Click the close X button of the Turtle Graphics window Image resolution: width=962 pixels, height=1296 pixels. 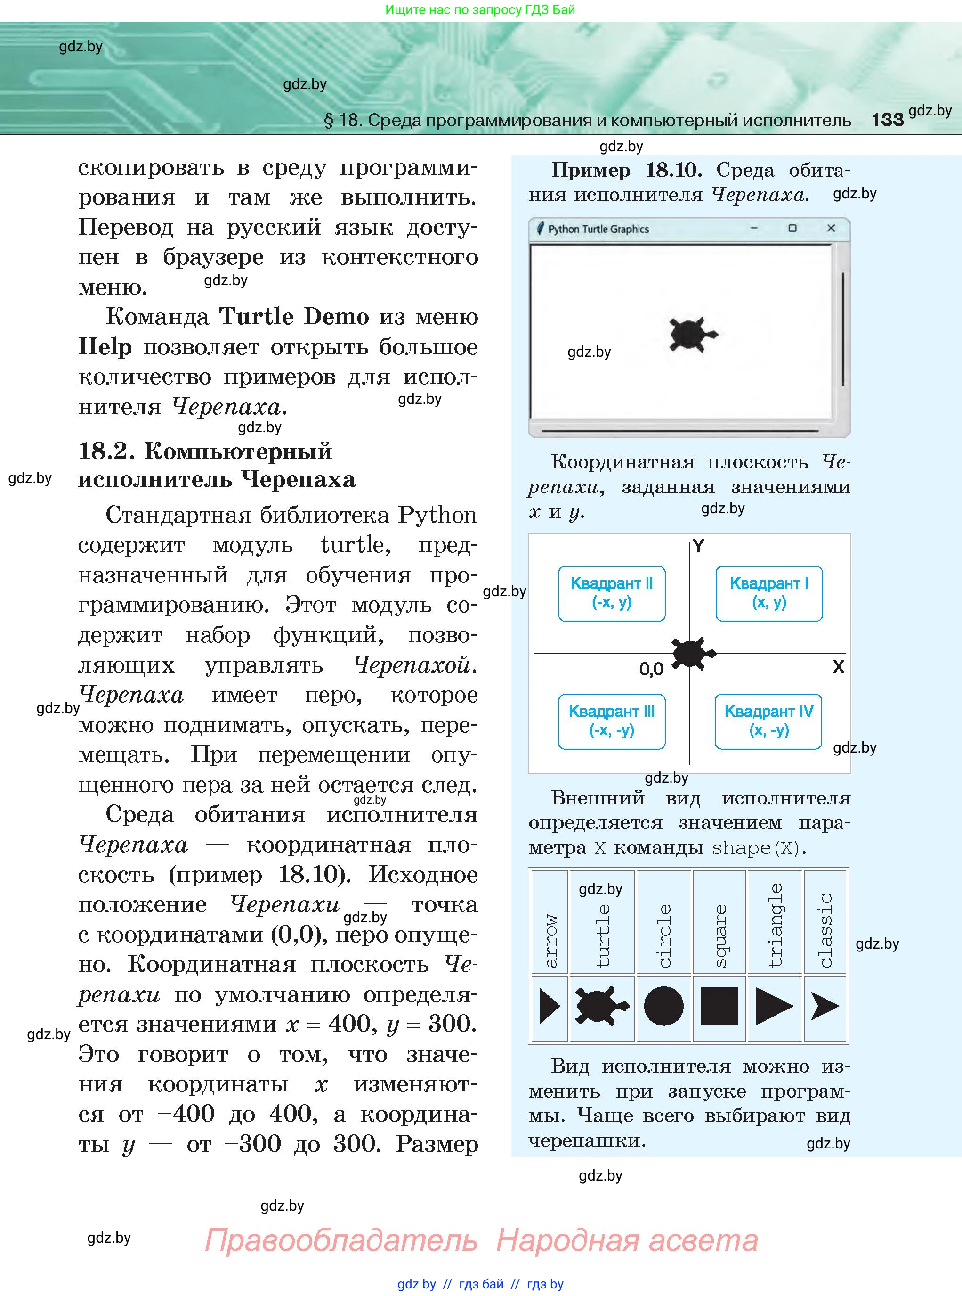click(x=831, y=229)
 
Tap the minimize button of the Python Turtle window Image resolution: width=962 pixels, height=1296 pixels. click(x=754, y=229)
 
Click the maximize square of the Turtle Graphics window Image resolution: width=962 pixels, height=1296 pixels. click(x=792, y=229)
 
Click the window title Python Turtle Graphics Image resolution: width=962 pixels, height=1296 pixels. click(x=598, y=229)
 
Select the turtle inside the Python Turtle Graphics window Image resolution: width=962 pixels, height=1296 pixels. click(x=692, y=335)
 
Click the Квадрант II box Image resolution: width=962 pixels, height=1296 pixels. click(x=612, y=593)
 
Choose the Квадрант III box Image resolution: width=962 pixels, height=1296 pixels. click(x=612, y=721)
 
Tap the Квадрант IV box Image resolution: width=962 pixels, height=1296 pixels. click(x=768, y=721)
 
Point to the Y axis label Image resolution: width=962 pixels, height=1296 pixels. click(x=699, y=546)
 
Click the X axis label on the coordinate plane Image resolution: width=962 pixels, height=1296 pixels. click(x=838, y=667)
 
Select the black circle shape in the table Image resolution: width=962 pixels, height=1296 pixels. click(x=663, y=1006)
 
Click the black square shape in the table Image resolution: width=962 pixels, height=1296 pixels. click(x=719, y=1006)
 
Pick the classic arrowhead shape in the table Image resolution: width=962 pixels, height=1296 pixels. click(x=825, y=1006)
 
